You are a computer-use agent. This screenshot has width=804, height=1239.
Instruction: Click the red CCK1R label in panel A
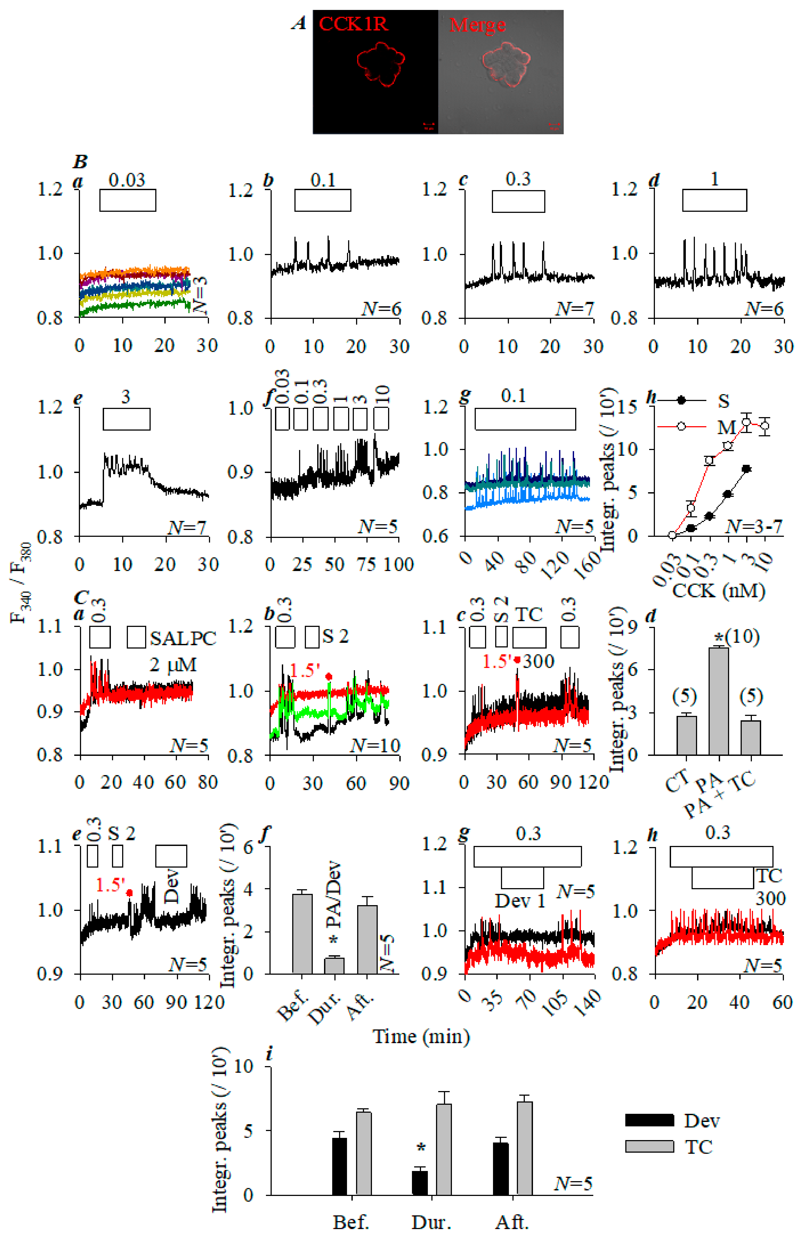[x=353, y=24]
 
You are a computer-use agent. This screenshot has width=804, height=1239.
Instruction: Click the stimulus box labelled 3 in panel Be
[x=127, y=419]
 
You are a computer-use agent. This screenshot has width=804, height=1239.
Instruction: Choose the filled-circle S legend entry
[x=681, y=400]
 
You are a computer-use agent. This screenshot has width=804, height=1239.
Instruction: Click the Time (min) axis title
[x=421, y=1036]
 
